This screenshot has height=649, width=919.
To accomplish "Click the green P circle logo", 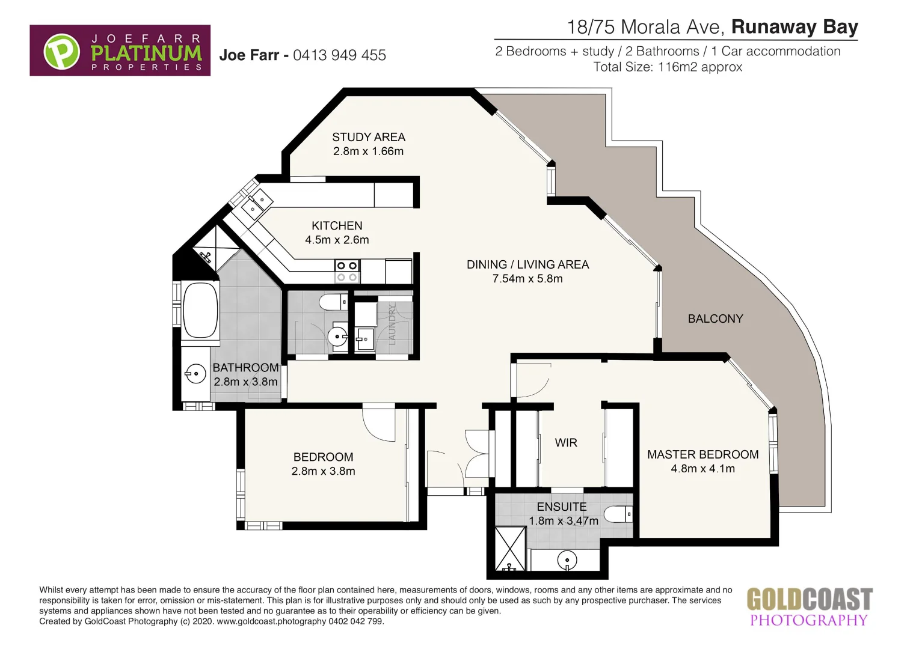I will [x=61, y=51].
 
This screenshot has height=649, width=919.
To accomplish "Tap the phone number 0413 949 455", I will [x=339, y=55].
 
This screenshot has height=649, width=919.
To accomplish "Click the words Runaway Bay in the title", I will [x=794, y=27].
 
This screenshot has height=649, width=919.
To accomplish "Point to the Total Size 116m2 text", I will [x=668, y=67].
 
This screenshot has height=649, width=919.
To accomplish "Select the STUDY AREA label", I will [x=369, y=137].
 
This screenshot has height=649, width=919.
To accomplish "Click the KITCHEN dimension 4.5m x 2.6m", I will [x=337, y=240].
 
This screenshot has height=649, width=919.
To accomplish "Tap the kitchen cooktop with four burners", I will [x=347, y=271].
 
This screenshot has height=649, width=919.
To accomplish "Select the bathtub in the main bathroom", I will [x=200, y=311].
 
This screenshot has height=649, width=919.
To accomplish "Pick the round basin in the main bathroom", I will [x=195, y=374].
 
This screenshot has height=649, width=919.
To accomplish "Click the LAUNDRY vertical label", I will [x=392, y=324].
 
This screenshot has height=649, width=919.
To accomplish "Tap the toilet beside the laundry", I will [x=333, y=301].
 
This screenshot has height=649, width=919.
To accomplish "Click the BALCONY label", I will [x=715, y=318].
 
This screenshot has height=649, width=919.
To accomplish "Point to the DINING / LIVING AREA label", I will [x=527, y=264].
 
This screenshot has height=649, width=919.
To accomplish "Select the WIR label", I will [x=566, y=443].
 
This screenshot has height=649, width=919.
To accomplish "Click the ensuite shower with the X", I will [x=510, y=548].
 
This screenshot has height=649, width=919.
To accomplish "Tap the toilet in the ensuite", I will [x=618, y=514].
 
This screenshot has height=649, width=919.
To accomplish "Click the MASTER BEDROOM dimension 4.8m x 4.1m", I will [x=702, y=469].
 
